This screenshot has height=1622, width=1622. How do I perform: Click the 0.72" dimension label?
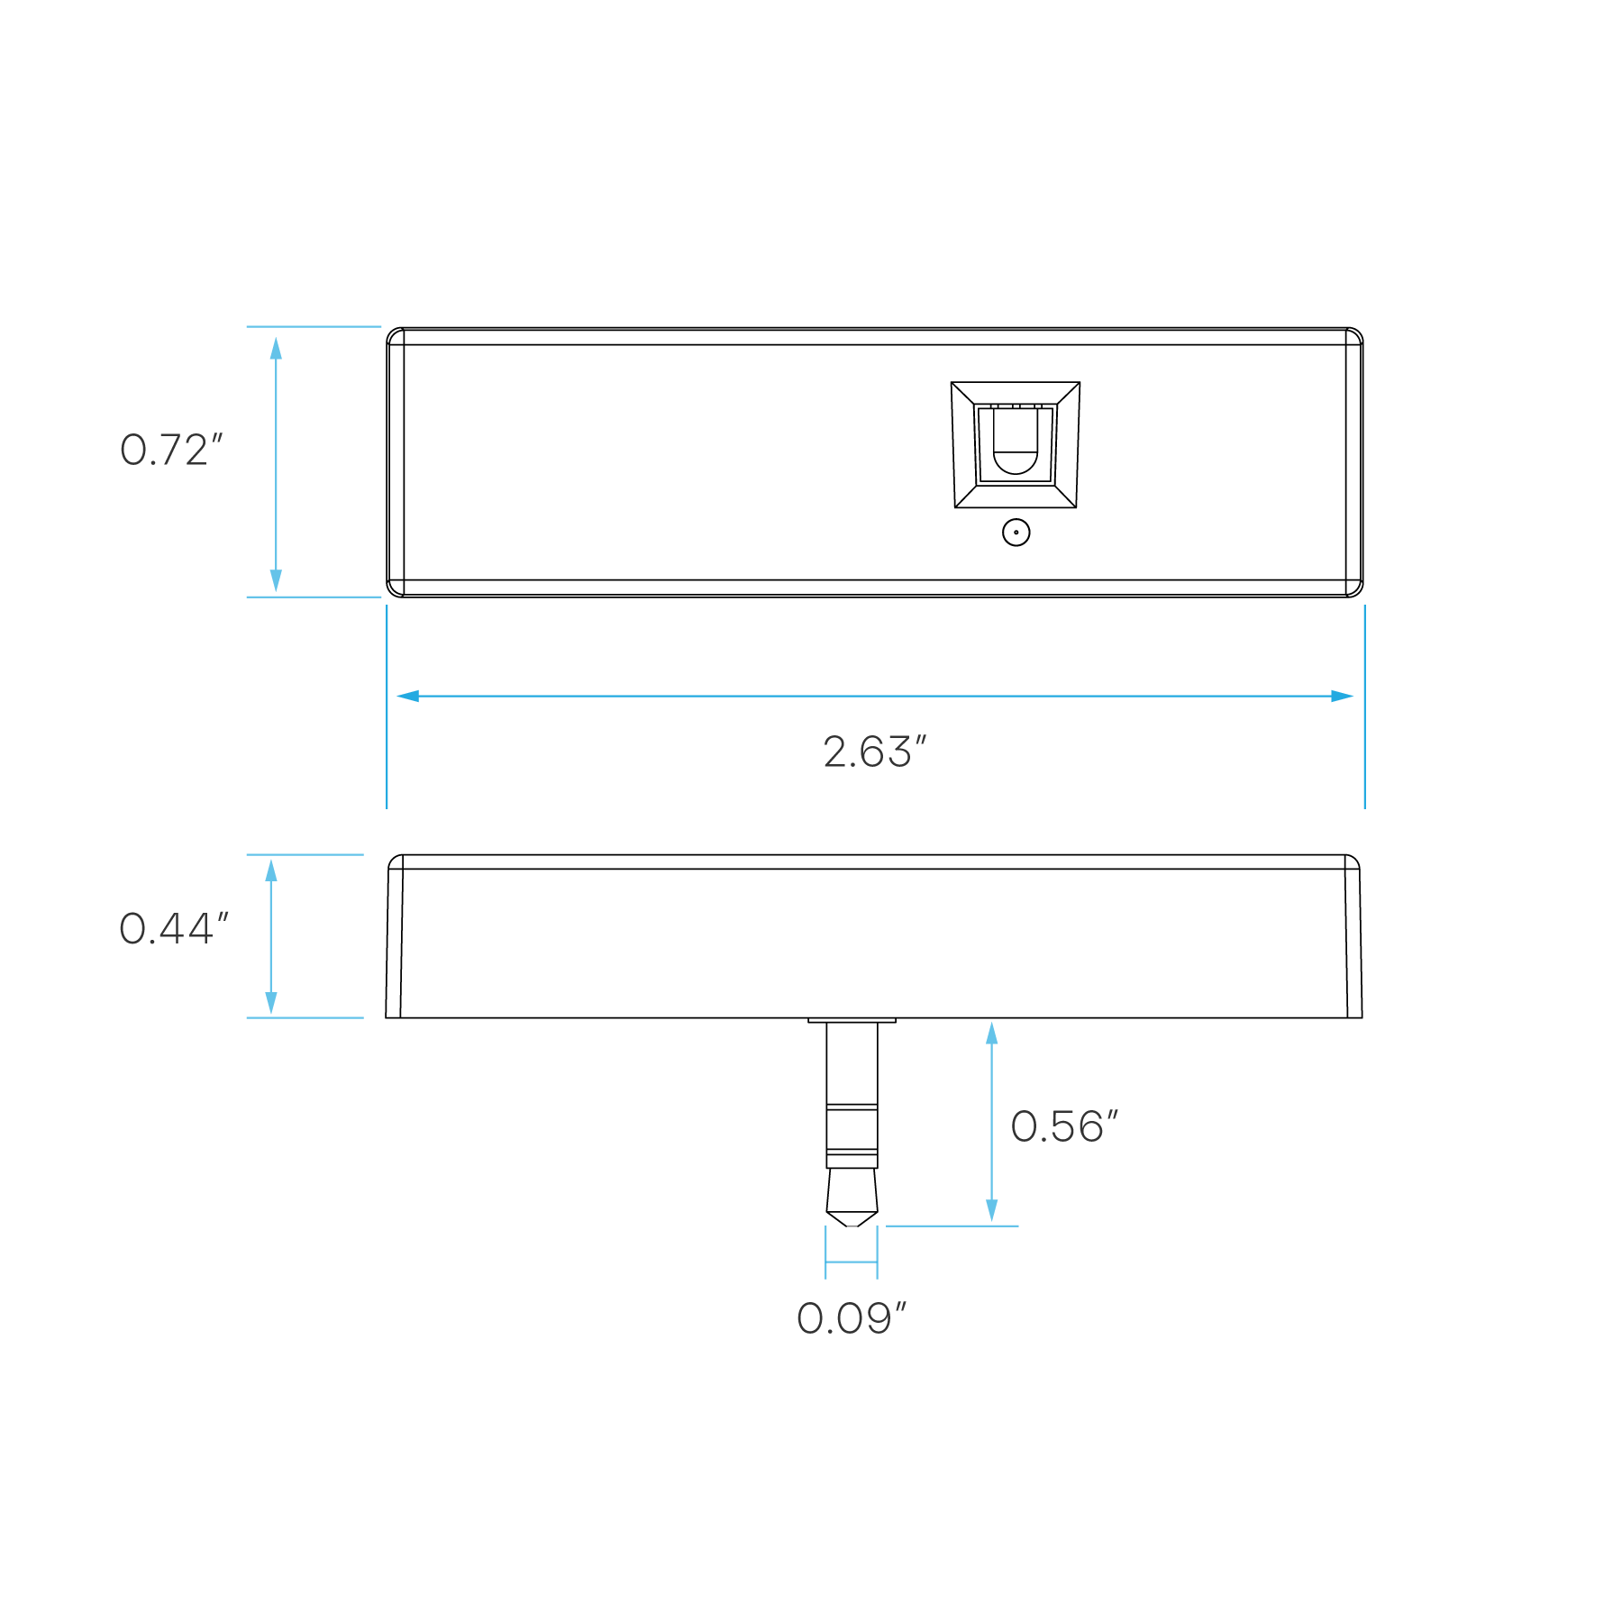[170, 451]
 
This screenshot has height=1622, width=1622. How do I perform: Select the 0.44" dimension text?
[173, 929]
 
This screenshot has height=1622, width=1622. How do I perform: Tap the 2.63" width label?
[874, 752]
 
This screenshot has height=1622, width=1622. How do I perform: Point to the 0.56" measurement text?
[1063, 1127]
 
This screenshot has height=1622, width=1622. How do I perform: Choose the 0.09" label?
[851, 1319]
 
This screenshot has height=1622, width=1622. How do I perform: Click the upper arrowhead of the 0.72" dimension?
[276, 348]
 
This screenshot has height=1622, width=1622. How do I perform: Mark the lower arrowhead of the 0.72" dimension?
[276, 580]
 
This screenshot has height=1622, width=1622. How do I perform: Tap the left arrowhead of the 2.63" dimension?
[408, 696]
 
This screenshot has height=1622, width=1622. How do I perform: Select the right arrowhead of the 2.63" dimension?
[1343, 696]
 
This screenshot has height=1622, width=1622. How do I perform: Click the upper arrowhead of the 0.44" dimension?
[270, 870]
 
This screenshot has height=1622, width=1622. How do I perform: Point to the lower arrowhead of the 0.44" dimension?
[270, 1003]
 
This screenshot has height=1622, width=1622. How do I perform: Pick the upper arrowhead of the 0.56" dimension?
[991, 1034]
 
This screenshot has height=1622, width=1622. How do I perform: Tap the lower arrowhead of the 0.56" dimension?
[991, 1210]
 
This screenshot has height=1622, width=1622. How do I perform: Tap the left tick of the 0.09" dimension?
[825, 1252]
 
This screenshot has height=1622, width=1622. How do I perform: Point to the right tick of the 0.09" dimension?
[877, 1252]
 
